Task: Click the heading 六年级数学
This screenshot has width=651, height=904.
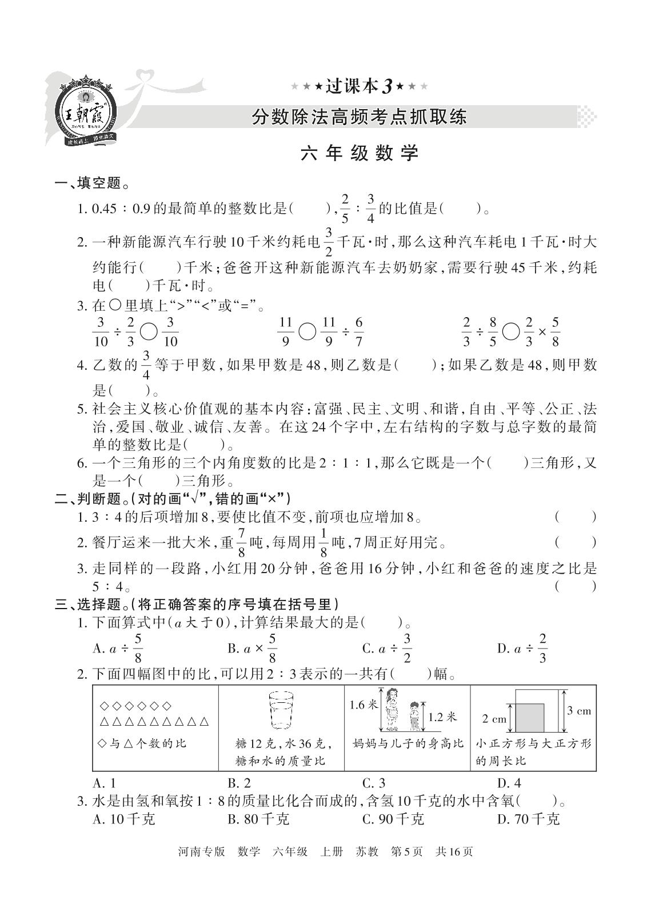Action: point(360,153)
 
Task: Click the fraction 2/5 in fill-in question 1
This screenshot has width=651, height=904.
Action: point(344,208)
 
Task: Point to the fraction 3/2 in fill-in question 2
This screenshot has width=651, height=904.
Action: point(328,242)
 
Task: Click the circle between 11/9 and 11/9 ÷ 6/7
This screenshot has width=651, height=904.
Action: point(307,331)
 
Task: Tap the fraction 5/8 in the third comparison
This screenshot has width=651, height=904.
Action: point(554,331)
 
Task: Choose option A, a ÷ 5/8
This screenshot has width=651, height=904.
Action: point(118,648)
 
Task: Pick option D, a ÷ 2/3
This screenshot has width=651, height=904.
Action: point(522,648)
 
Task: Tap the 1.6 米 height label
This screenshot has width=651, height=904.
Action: point(364,705)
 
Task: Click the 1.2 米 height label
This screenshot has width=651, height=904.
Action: point(442,717)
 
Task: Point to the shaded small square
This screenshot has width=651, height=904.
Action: point(529,718)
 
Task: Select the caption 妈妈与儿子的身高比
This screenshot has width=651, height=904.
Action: point(407,743)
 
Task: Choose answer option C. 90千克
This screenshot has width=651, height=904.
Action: point(393,819)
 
